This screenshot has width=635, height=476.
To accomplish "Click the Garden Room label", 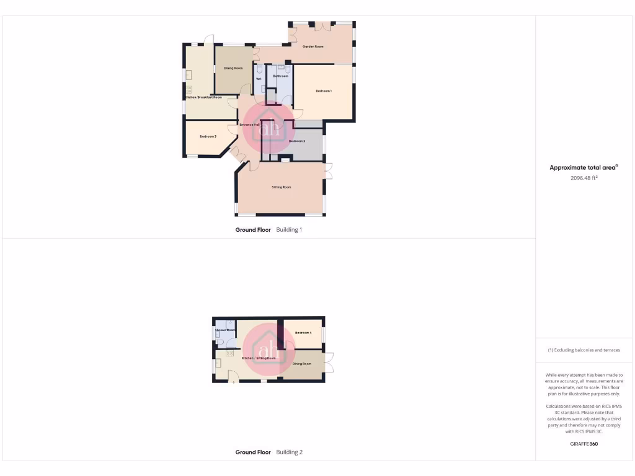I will click(313, 46).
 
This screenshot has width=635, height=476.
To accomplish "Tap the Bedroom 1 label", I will click(324, 91).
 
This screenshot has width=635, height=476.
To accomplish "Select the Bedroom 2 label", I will click(297, 141).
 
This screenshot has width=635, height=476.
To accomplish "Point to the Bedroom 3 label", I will click(208, 136).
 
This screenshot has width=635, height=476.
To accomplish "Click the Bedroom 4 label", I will click(303, 333).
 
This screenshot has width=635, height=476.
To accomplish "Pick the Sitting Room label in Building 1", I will click(281, 187).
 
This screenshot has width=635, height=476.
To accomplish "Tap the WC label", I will click(259, 79).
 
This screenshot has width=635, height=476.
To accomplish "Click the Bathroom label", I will click(281, 76).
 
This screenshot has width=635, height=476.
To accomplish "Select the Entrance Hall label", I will click(250, 125).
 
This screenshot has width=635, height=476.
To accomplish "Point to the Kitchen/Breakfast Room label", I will click(204, 97).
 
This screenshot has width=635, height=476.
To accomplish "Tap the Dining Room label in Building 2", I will click(302, 364).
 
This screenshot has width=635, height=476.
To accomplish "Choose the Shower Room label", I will click(225, 330).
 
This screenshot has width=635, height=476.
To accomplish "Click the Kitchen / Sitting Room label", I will click(259, 358).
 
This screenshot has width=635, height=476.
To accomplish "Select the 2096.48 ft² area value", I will click(584, 178).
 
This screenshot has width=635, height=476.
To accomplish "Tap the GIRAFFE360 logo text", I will click(584, 444).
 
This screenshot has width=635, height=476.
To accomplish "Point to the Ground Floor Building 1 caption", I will click(269, 230).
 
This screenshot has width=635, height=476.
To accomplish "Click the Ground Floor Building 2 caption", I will click(269, 452).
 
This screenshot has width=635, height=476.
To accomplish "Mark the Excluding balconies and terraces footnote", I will click(584, 350).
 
